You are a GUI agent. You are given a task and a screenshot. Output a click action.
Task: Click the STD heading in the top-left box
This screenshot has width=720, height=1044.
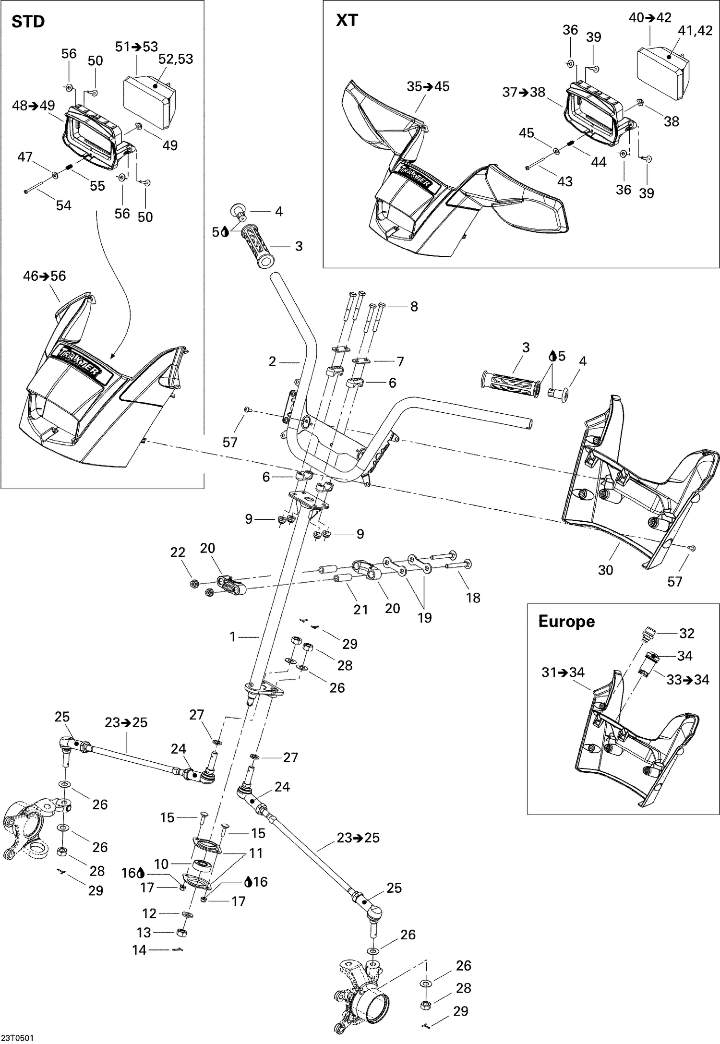tap(28, 22)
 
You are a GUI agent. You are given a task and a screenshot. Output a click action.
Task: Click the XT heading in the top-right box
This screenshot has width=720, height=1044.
tap(347, 20)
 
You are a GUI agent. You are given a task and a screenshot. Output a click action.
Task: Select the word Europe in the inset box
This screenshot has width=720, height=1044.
tap(566, 621)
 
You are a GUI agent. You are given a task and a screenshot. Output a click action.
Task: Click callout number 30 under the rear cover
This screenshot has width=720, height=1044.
tap(605, 570)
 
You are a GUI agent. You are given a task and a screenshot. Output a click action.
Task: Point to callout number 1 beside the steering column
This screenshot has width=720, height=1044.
tap(233, 636)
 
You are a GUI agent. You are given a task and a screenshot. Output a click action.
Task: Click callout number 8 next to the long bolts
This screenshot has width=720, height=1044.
tap(414, 306)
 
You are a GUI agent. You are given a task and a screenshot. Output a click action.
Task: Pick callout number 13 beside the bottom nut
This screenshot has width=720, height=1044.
tap(144, 932)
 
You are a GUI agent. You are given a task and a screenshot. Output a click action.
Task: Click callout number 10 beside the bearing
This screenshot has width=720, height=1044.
tap(161, 864)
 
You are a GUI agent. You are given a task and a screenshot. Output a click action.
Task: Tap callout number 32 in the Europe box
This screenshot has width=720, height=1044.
tap(686, 633)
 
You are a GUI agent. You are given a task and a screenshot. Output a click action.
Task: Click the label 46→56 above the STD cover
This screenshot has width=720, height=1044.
tap(45, 276)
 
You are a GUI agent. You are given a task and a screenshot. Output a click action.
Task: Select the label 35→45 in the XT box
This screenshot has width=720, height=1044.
tap(428, 86)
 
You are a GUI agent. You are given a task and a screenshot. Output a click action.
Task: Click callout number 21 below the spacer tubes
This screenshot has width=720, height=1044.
tap(360, 610)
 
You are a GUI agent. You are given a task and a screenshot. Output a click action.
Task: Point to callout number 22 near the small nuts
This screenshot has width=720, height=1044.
tap(178, 552)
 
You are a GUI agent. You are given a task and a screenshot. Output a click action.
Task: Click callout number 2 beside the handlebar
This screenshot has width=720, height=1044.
tap(273, 361)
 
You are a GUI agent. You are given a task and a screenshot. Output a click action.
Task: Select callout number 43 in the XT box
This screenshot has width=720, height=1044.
tap(565, 181)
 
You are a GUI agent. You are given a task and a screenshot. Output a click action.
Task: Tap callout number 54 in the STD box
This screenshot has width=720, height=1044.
tap(63, 205)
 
